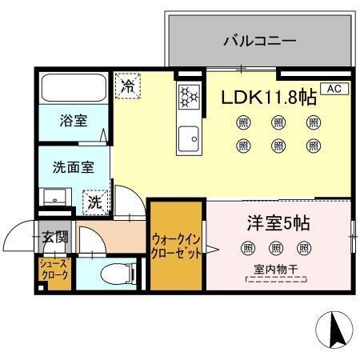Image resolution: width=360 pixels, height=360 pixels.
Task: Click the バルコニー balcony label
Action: coord(260,40)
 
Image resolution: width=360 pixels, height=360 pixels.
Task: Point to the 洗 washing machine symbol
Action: coord(95,202)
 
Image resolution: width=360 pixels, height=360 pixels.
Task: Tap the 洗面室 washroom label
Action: coord(73,168)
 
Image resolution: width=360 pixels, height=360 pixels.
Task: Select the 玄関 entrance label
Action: coord(55,236)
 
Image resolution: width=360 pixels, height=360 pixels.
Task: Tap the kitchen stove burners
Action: coord(189,97)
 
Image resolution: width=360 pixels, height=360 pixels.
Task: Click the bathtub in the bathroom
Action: coord(73,89)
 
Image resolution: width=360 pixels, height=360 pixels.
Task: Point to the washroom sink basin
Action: coord(55,197)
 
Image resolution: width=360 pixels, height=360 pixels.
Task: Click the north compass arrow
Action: coord(334,330)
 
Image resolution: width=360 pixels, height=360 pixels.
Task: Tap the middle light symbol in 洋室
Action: coord(277,248)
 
